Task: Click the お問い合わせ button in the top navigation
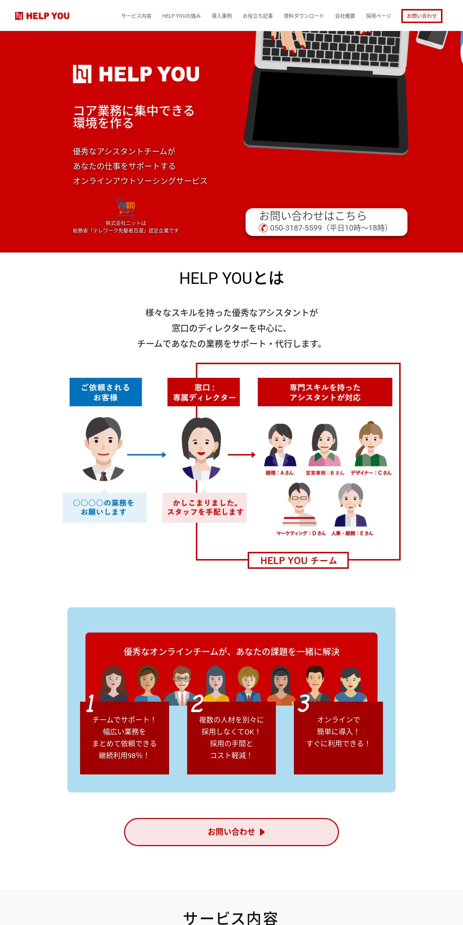click(422, 16)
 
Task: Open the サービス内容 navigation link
click(136, 16)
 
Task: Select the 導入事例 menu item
click(221, 16)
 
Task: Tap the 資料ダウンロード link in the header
click(304, 16)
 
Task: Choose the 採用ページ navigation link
click(378, 16)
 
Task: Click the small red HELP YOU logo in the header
click(42, 16)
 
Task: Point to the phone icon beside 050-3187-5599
click(263, 228)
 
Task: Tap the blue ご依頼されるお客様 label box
click(106, 392)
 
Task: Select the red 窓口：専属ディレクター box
click(203, 392)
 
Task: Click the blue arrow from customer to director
click(146, 455)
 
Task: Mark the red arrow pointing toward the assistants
click(242, 455)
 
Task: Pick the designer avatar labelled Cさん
click(371, 444)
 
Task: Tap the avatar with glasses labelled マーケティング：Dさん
click(299, 505)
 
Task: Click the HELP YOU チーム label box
click(298, 560)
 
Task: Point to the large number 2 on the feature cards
click(197, 703)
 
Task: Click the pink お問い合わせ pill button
click(231, 832)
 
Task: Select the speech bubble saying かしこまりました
click(204, 507)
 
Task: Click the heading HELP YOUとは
click(231, 278)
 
